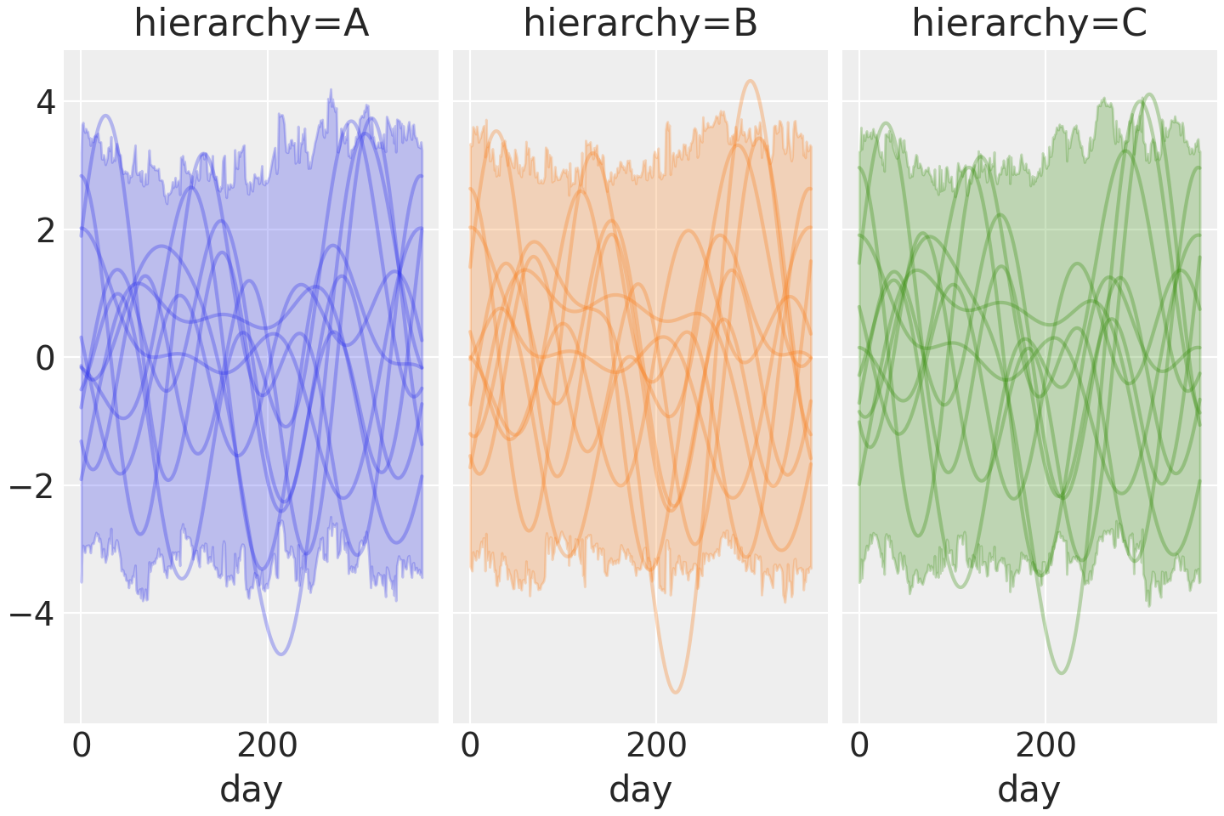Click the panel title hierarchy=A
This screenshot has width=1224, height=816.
pos(251,24)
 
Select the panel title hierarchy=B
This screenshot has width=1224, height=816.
pos(640,24)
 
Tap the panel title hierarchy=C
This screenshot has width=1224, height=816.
pos(1029,24)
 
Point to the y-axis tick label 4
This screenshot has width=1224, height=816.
pos(45,103)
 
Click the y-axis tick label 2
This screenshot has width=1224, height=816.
pos(45,230)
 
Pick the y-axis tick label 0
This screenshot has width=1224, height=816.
pos(45,358)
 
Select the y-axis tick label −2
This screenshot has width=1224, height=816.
pos(33,486)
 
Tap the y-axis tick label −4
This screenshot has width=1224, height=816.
pos(33,614)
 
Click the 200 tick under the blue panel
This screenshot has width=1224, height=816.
pos(267,745)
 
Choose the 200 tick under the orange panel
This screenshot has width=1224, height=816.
pos(656,745)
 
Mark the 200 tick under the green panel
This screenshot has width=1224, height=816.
pos(1045,745)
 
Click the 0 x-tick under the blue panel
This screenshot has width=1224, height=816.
pos(82,745)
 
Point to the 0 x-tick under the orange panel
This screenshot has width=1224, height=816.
pos(470,745)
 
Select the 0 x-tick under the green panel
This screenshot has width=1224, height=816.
pos(859,745)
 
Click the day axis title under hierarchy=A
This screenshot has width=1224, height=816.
pos(251,789)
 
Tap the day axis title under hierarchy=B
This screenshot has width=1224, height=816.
pos(640,789)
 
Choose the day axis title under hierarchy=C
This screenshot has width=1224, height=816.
pos(1029,789)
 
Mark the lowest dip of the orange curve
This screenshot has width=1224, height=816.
pos(675,692)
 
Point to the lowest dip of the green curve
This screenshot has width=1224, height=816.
pos(1062,672)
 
